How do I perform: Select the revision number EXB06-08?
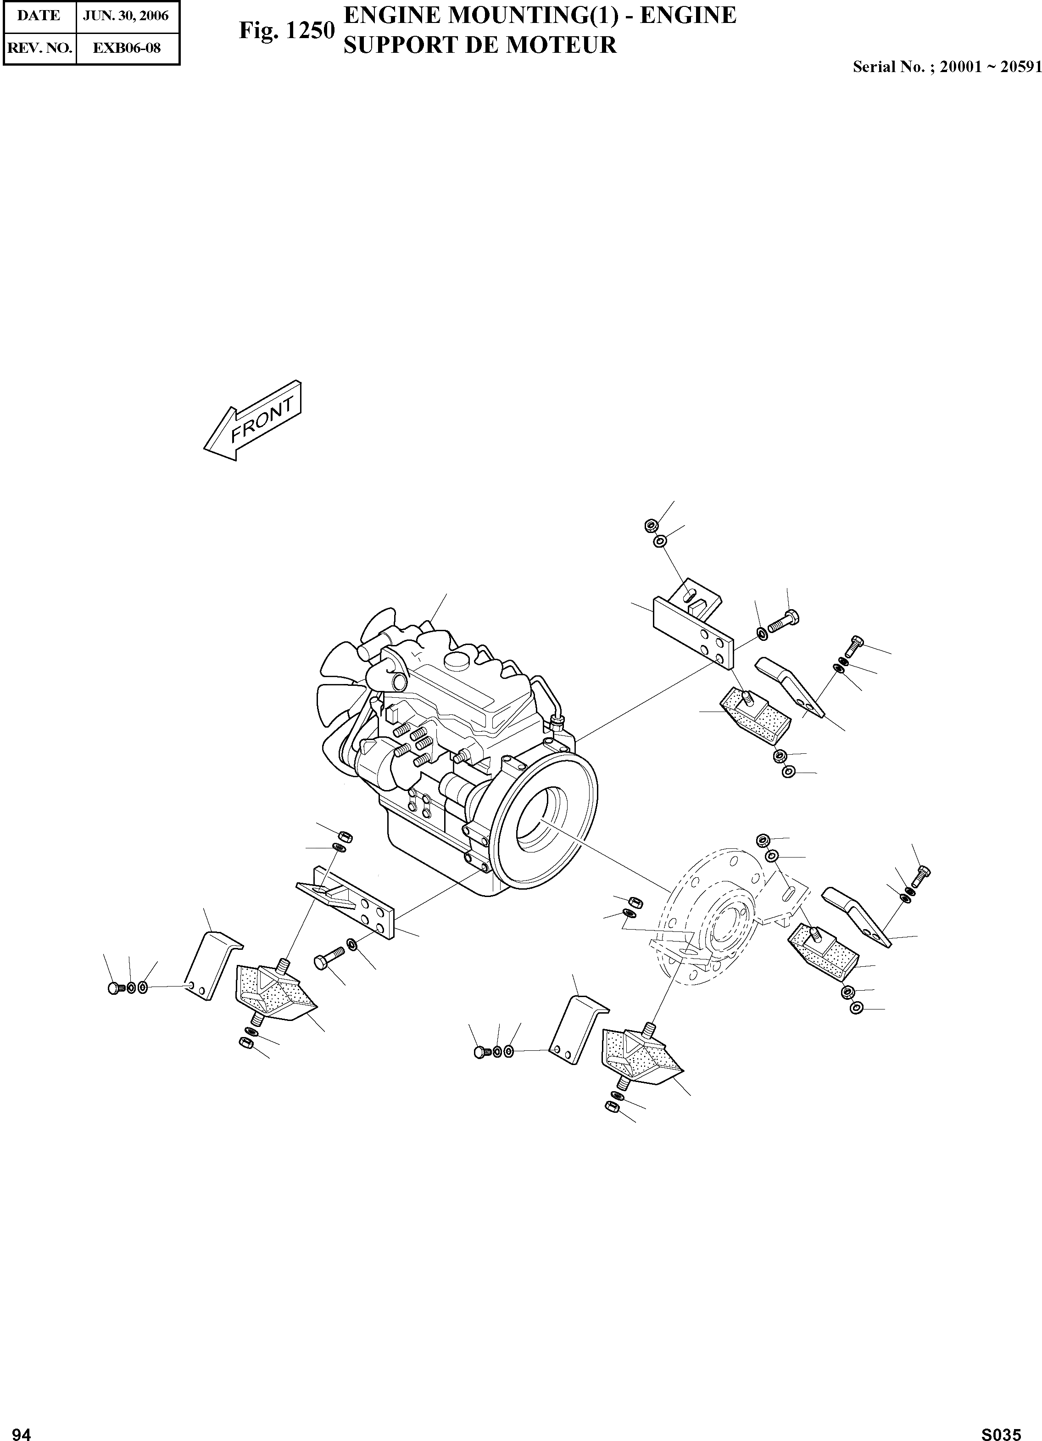click(126, 48)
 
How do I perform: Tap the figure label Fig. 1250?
click(286, 30)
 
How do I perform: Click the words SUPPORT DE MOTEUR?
click(479, 45)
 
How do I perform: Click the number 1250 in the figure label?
click(309, 30)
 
